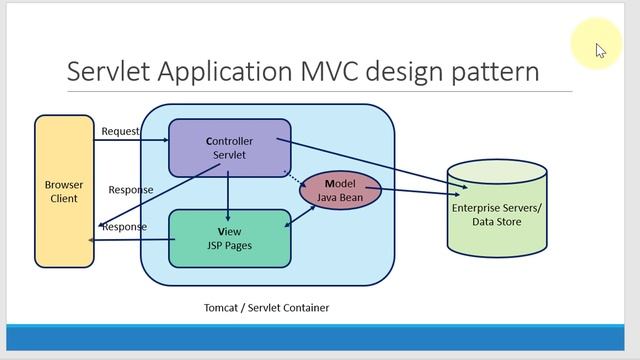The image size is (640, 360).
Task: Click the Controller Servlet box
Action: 229,148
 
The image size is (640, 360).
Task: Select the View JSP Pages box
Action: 229,238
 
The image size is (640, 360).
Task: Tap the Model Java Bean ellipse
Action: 341,191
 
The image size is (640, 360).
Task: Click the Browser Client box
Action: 64,191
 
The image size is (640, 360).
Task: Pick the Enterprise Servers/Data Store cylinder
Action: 496,209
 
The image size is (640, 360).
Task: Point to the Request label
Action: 120,131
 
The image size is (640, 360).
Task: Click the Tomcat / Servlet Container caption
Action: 266,307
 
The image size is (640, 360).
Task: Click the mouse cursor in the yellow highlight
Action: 600,50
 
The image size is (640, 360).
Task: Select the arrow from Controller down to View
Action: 229,195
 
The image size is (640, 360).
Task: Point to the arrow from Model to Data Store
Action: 415,190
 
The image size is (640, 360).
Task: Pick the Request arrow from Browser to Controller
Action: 130,141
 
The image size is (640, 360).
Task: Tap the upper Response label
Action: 131,190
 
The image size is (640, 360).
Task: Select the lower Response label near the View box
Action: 124,226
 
